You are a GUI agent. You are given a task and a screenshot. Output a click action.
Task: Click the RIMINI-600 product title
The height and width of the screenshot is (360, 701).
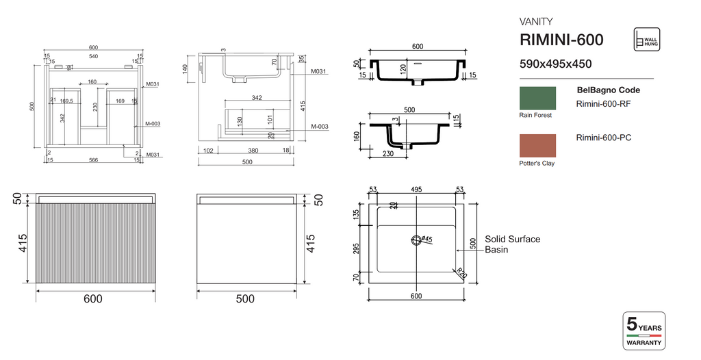click(x=561, y=40)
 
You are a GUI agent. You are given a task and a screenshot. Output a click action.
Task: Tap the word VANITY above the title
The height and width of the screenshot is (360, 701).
click(x=537, y=21)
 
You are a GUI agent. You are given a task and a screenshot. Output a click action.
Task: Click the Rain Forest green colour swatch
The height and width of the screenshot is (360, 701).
click(x=537, y=98)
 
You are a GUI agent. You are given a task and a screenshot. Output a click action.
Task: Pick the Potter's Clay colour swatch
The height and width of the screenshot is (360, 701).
click(x=537, y=146)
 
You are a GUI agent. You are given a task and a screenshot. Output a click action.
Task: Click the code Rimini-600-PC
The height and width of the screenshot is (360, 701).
click(x=604, y=138)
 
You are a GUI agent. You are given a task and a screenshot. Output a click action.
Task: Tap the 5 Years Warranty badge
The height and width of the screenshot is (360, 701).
click(x=643, y=331)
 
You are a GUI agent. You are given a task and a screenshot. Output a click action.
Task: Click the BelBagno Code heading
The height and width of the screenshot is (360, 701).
click(x=608, y=90)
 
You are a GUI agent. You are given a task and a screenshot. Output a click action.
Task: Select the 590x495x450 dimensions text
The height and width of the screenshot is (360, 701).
click(x=556, y=64)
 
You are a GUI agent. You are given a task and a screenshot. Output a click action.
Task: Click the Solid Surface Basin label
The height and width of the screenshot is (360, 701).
click(x=512, y=244)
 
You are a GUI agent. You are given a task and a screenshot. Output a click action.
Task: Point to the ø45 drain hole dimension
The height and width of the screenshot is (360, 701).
click(x=425, y=239)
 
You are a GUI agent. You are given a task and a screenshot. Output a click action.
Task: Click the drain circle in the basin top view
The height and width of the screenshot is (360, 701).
click(x=416, y=240)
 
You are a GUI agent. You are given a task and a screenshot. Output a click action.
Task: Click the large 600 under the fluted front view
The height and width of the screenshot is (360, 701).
click(x=93, y=299)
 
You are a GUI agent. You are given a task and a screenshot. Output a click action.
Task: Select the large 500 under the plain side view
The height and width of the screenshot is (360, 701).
click(x=244, y=299)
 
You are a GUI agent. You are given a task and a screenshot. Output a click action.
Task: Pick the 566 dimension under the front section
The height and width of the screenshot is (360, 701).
click(x=92, y=161)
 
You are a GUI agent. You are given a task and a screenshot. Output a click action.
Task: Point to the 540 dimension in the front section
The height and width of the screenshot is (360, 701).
click(x=92, y=55)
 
